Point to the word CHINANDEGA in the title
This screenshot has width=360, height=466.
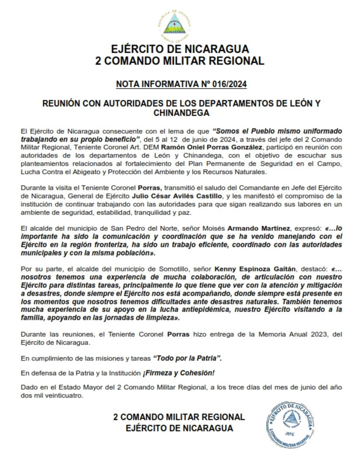179,114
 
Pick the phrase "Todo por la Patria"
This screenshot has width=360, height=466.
187,359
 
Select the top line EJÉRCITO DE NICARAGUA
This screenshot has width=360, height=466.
179,48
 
